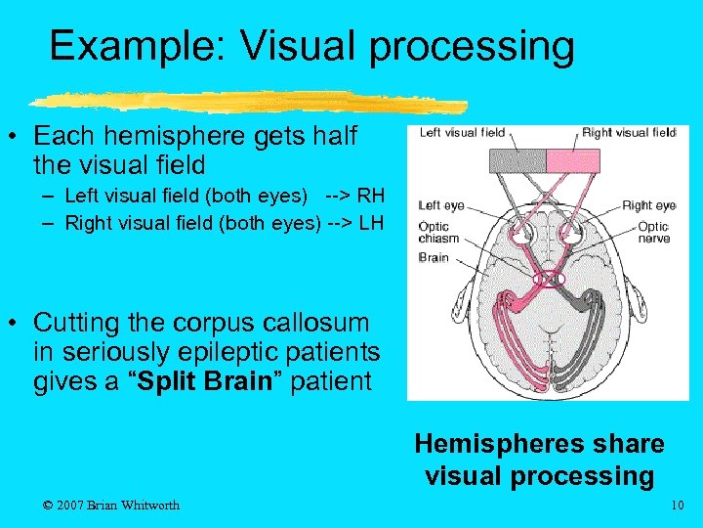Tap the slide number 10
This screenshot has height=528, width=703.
click(x=678, y=505)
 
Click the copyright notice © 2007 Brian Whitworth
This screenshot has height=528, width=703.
click(x=112, y=505)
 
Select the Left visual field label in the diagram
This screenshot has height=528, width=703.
click(x=462, y=133)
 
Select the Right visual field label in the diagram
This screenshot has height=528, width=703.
click(x=628, y=133)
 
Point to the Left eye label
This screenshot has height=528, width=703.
click(x=440, y=205)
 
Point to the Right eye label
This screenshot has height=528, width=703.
click(x=648, y=205)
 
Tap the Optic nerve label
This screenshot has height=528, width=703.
click(x=653, y=233)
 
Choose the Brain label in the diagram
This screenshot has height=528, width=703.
click(x=433, y=257)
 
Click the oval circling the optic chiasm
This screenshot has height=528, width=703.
click(x=548, y=279)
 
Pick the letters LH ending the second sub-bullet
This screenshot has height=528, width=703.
click(x=369, y=223)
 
